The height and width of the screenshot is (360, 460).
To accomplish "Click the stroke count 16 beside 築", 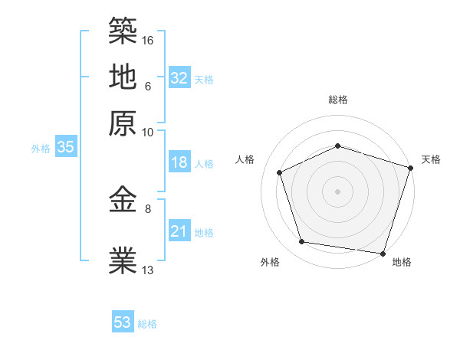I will pyautogui.click(x=149, y=39).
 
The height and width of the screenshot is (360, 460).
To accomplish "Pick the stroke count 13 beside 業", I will pyautogui.click(x=149, y=270).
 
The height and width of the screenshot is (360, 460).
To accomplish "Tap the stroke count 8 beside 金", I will pyautogui.click(x=149, y=208).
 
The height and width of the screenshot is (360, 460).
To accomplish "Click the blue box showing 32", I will pyautogui.click(x=179, y=78).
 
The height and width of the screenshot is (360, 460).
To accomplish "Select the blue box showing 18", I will pyautogui.click(x=179, y=162).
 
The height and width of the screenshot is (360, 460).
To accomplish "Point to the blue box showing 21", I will pyautogui.click(x=179, y=231).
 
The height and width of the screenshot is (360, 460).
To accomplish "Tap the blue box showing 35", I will pyautogui.click(x=65, y=147).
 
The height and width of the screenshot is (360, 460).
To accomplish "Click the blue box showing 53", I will pyautogui.click(x=123, y=322).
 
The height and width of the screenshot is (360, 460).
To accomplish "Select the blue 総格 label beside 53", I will pyautogui.click(x=147, y=324).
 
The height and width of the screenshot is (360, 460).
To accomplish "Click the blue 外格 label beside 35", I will pyautogui.click(x=41, y=149).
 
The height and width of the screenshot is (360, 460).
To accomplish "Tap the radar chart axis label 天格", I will pyautogui.click(x=431, y=159).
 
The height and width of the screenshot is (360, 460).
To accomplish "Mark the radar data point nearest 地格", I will pyautogui.click(x=383, y=253).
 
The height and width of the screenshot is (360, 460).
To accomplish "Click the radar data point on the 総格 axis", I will pyautogui.click(x=337, y=146).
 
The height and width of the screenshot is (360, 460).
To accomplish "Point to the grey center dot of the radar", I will pyautogui.click(x=337, y=191).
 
